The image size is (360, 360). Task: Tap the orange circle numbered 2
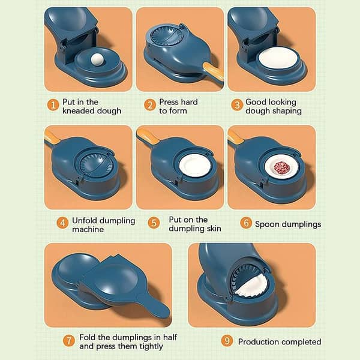(149, 106)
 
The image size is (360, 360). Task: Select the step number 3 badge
(236, 106)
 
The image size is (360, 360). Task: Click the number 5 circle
(154, 223)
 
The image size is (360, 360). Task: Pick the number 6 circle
(246, 223)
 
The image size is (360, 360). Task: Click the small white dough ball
(98, 59)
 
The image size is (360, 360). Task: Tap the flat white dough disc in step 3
(278, 59)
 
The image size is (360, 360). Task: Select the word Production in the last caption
(260, 341)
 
